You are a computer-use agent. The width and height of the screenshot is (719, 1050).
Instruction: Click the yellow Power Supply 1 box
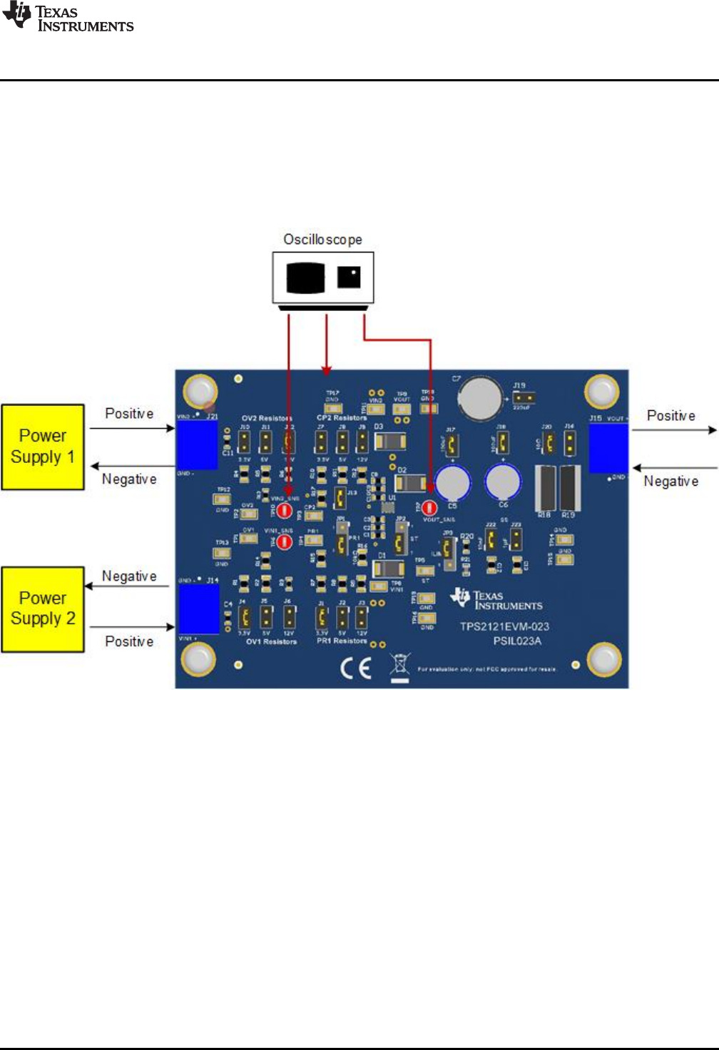(43, 447)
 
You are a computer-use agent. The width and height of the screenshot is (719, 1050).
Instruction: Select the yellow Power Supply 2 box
(43, 609)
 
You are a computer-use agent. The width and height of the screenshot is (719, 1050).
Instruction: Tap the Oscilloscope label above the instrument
(322, 240)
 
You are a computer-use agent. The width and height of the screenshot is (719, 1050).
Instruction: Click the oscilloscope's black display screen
(305, 277)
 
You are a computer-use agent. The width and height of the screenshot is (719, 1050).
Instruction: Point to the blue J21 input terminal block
(196, 444)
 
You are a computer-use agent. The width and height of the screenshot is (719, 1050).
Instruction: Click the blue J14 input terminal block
(198, 608)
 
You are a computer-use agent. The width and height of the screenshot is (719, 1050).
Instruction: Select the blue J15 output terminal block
(608, 448)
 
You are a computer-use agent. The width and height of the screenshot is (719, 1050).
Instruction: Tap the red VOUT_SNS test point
(429, 508)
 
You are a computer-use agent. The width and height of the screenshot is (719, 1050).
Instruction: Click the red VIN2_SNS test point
(284, 510)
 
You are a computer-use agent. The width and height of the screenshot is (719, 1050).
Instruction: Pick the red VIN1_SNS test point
(284, 542)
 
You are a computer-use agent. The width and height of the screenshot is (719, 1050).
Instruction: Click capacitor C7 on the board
(481, 399)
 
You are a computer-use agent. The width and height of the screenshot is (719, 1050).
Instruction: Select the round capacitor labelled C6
(504, 481)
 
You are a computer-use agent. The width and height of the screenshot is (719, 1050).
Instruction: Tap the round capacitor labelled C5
(452, 483)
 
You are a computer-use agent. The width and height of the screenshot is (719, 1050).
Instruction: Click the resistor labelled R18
(546, 488)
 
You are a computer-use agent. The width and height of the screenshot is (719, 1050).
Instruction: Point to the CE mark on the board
(355, 668)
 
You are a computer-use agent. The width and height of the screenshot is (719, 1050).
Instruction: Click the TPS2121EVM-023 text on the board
(504, 626)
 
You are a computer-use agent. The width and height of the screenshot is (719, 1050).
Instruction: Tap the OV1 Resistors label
(271, 641)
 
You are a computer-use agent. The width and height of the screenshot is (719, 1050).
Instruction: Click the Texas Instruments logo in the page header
(68, 18)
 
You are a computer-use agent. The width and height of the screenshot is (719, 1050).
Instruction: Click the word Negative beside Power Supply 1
(129, 479)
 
